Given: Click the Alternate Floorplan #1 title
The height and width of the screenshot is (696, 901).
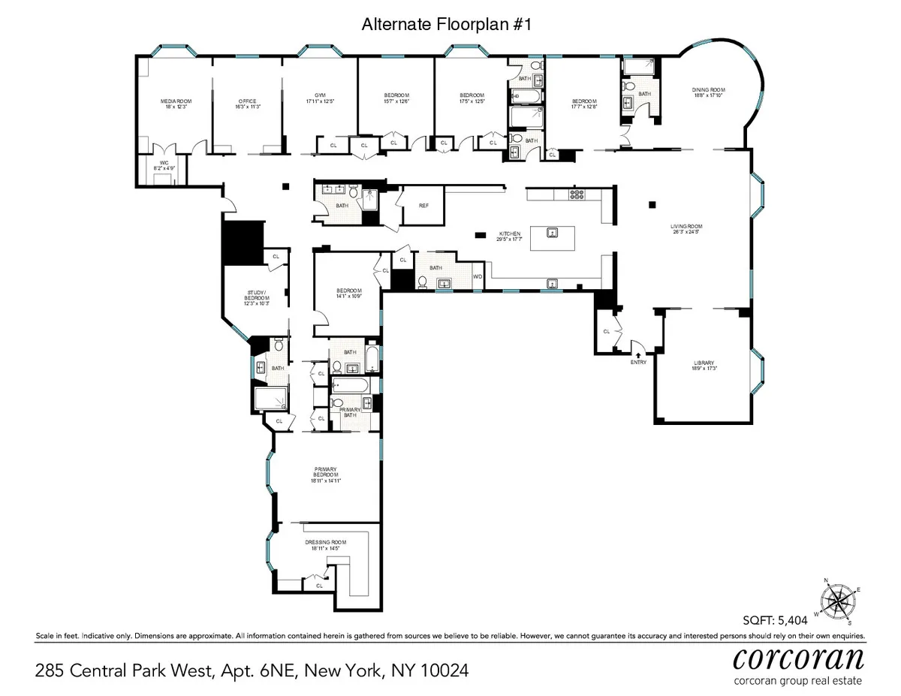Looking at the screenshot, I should (x=450, y=25).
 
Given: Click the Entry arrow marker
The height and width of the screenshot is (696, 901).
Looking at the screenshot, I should (x=637, y=354).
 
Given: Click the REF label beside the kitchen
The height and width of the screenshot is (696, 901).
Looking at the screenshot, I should (x=424, y=205).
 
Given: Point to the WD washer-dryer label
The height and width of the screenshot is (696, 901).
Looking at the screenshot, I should (x=478, y=277).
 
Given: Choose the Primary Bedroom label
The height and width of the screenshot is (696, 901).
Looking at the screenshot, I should (x=327, y=475).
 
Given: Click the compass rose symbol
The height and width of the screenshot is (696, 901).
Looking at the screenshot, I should (x=836, y=601).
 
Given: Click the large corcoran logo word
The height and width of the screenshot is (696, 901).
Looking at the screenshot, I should (x=798, y=660).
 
